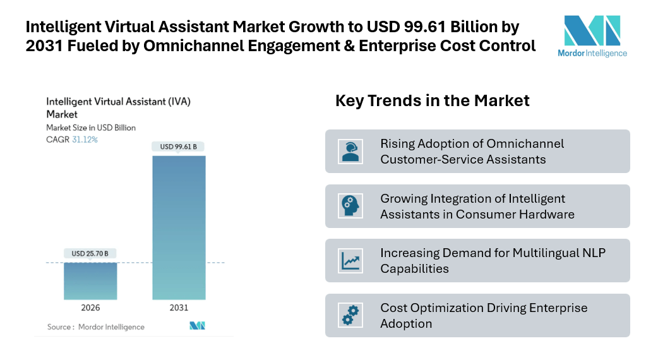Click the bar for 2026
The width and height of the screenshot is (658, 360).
90,281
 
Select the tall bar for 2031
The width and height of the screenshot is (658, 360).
179,227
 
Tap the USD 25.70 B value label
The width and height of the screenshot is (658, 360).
90,254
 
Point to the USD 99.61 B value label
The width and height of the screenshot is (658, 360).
179,147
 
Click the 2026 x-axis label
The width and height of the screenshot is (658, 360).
90,308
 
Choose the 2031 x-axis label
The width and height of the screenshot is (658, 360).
179,308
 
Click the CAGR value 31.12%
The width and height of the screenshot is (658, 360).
85,139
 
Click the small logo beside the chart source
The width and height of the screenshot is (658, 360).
198,326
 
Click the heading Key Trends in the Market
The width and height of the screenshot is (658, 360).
432,100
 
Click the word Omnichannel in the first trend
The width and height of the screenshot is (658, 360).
524,143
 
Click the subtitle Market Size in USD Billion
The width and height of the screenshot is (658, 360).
91,128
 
